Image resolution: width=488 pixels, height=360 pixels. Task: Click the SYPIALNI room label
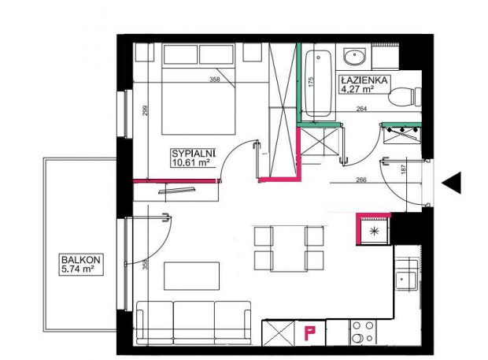point(194,154)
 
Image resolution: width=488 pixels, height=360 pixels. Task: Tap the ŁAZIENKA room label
point(364,80)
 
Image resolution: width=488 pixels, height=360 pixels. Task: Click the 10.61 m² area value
point(190,162)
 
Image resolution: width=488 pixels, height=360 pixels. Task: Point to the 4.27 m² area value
point(357,89)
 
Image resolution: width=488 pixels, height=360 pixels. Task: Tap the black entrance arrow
point(451,183)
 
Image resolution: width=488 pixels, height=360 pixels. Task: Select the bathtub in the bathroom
point(318,84)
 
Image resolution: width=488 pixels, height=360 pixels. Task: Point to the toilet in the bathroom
point(405,97)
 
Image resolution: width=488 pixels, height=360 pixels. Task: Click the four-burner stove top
point(363,332)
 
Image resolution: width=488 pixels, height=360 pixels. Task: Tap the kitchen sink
point(406,280)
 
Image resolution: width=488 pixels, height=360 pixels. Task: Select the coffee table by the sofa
point(192,276)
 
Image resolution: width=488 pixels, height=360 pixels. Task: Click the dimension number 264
point(361,109)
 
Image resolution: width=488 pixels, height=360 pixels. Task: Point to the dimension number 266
point(360,180)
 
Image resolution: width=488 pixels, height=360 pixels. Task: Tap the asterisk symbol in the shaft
point(374,231)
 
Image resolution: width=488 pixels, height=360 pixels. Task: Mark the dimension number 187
point(404,169)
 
